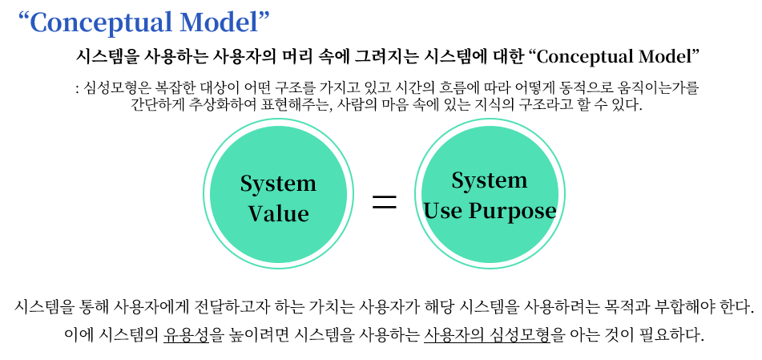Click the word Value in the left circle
[278, 213]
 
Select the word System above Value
[278, 184]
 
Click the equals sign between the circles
[385, 202]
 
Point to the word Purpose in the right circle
[512, 211]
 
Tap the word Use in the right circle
[443, 211]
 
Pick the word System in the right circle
[489, 180]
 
